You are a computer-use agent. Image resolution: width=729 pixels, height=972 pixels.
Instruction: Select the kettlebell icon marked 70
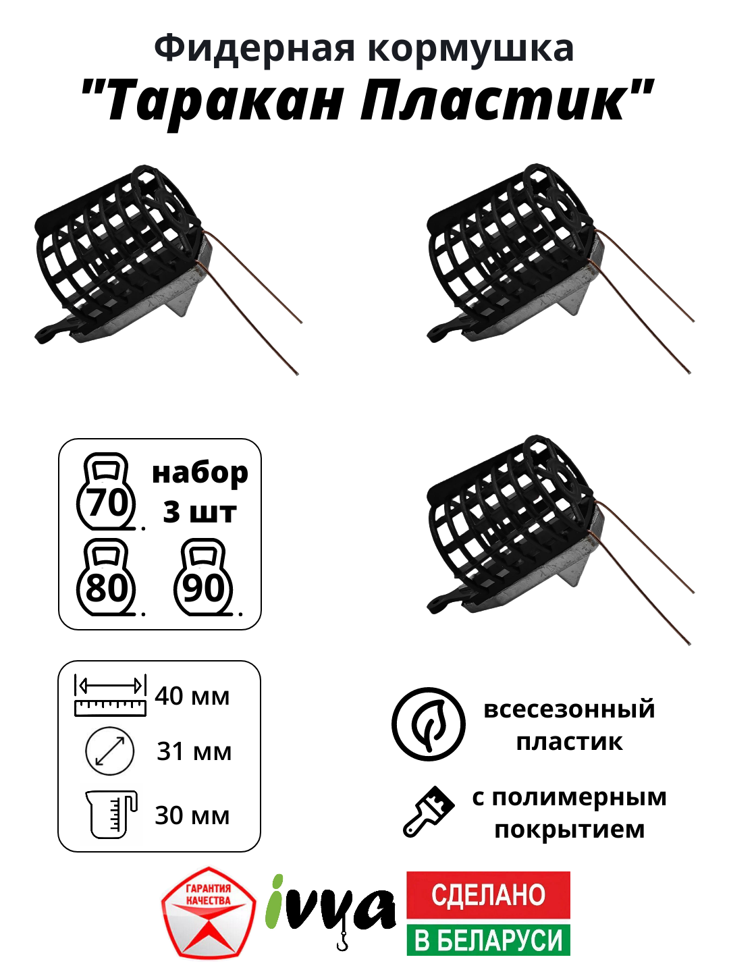coord(107,492)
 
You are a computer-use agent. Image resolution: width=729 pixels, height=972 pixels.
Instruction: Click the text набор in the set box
coord(200,474)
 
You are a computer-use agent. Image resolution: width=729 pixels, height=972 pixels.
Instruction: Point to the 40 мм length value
coord(192,696)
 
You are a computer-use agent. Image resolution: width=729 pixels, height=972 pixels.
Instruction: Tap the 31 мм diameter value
coord(194,751)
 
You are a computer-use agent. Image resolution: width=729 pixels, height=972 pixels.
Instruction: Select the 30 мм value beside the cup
coord(192,815)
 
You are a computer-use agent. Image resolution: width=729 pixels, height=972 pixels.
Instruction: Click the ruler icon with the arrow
coord(110,695)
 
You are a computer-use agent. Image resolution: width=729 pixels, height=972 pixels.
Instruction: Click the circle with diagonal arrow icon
coord(110,751)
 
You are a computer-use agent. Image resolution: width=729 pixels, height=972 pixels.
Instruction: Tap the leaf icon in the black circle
coord(429,724)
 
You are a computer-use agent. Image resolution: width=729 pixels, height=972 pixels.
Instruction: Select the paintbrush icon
coord(429,812)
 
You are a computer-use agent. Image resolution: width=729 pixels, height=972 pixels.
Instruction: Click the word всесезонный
coord(569,709)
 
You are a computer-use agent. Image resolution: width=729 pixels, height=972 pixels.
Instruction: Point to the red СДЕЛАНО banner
coord(488,895)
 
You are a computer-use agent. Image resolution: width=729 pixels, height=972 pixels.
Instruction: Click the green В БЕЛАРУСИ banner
coord(488,939)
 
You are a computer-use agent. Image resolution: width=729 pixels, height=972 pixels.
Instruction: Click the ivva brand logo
coord(331,908)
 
